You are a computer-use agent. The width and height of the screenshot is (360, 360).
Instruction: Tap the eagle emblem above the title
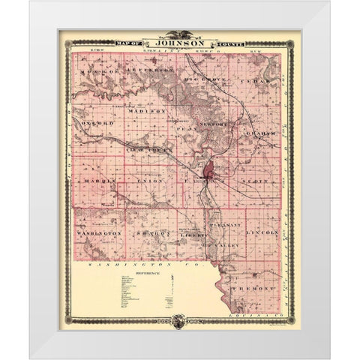click(180, 34)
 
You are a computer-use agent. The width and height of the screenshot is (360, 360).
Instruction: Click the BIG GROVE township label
click(208, 76)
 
